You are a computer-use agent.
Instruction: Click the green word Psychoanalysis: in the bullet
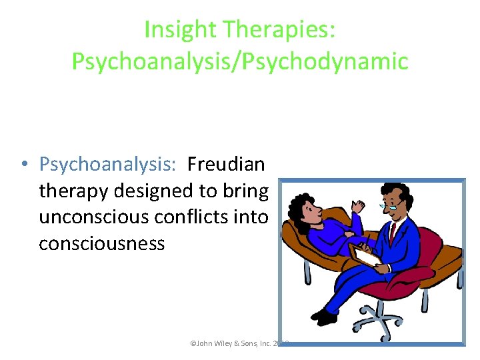tap(109, 163)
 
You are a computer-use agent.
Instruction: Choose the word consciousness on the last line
tap(101, 243)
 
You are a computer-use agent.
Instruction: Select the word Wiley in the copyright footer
tap(225, 344)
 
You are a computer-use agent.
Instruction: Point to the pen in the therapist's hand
tap(367, 241)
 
